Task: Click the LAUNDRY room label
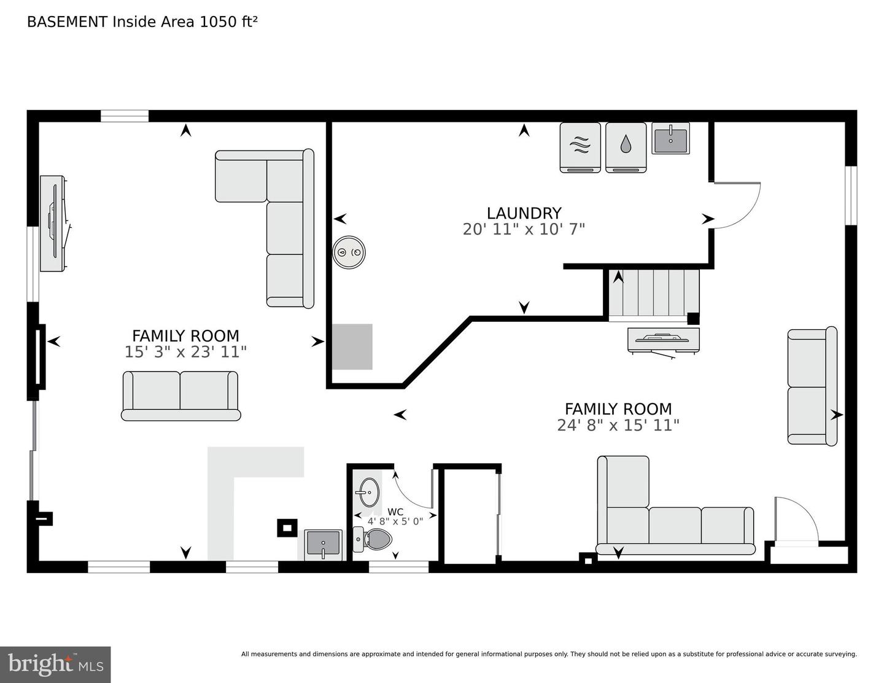[x=524, y=213]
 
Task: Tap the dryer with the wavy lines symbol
[x=580, y=147]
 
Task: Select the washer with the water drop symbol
[x=626, y=147]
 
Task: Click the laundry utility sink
[x=670, y=139]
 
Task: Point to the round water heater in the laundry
[x=349, y=252]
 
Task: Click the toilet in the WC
[x=374, y=540]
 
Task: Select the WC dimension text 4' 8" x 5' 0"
[x=395, y=521]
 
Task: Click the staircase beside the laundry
[x=654, y=294]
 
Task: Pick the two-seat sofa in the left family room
[x=180, y=396]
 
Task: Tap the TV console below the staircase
[x=663, y=340]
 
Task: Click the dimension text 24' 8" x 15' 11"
[x=618, y=425]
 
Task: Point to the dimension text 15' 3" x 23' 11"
[x=185, y=352]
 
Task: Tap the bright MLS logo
[x=55, y=664]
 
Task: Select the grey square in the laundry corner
[x=352, y=346]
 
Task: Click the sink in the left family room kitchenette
[x=323, y=544]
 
